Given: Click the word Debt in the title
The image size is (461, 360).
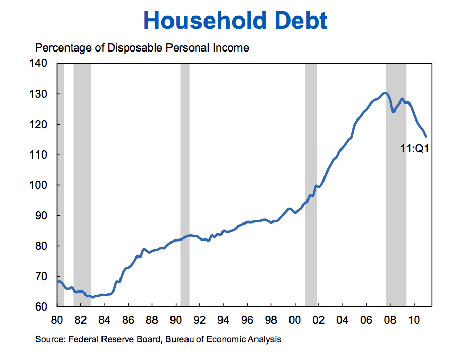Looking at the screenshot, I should click(x=299, y=20).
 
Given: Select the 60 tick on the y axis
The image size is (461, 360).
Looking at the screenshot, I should click(x=43, y=307).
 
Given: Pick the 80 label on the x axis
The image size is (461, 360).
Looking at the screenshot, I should click(x=57, y=319).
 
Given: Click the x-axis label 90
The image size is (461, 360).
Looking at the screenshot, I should click(x=176, y=319).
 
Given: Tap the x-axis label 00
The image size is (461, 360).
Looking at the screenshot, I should click(x=295, y=319).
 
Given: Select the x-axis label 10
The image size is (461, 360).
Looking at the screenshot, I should click(x=413, y=319).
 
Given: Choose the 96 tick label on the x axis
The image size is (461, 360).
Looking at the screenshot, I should click(x=247, y=319).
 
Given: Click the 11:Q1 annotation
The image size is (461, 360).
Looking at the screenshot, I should click(x=415, y=149).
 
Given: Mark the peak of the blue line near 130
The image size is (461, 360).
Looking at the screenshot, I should click(x=384, y=93).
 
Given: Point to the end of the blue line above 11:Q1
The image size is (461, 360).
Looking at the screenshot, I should click(x=426, y=136).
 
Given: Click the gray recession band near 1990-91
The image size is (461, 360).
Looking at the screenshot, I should click(x=184, y=185).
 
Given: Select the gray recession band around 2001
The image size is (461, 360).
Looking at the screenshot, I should click(x=311, y=185).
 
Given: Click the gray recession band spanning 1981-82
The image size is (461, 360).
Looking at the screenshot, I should click(x=82, y=185).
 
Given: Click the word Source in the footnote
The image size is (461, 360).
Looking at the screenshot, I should click(x=47, y=340).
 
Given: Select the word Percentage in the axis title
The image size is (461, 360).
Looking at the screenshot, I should click(x=61, y=48).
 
